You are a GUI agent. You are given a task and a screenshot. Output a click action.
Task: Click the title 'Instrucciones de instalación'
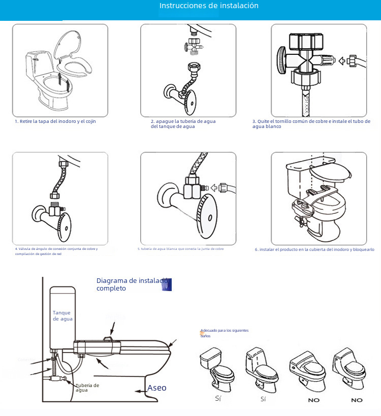(x=209, y=6)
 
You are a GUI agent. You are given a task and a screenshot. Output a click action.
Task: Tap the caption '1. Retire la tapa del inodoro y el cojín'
(x=55, y=121)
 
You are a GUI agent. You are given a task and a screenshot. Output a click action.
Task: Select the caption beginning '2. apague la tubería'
(x=183, y=124)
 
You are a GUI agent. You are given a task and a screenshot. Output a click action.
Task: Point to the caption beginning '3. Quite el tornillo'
(x=311, y=124)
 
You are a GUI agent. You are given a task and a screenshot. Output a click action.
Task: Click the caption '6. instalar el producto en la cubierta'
(x=314, y=249)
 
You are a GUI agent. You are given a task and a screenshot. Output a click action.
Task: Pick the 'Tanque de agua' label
(x=62, y=316)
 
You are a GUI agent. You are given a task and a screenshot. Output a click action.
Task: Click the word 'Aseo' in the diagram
(x=156, y=388)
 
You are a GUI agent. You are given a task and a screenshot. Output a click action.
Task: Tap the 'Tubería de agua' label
(x=87, y=388)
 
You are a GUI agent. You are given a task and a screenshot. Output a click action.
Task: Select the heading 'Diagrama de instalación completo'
(x=132, y=284)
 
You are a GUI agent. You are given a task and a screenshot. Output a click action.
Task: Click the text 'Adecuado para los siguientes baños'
(x=224, y=333)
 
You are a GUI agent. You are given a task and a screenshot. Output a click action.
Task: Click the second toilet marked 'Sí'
(x=263, y=369)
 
